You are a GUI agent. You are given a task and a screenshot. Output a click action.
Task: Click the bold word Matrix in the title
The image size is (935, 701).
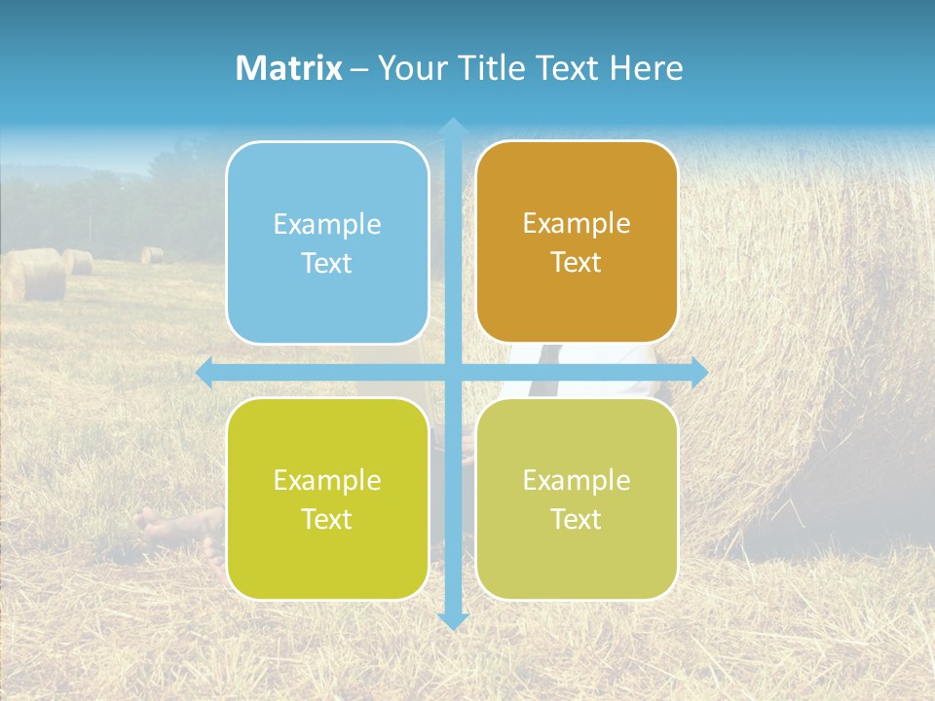pos(289,68)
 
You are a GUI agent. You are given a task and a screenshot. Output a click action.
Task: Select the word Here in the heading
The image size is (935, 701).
pos(647,68)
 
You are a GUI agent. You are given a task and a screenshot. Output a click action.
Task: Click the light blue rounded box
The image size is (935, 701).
pos(327,243)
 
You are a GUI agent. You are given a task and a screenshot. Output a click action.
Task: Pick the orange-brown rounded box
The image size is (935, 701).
pos(577,242)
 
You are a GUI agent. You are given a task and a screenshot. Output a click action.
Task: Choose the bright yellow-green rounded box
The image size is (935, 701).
pos(327,498)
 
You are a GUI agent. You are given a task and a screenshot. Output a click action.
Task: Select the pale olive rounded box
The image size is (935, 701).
pos(577,498)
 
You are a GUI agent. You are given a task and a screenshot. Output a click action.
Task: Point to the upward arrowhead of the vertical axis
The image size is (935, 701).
pos(453,126)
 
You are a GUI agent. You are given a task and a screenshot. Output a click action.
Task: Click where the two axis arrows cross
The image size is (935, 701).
pos(453,373)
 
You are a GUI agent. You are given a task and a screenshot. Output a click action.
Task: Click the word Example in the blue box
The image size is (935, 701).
pos(327,225)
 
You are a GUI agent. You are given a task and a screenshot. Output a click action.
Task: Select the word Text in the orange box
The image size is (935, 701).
pos(577,263)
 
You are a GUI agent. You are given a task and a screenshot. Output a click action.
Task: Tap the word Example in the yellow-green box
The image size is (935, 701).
pos(327,480)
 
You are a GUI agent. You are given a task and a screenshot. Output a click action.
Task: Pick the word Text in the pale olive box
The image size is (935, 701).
pos(577,519)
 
